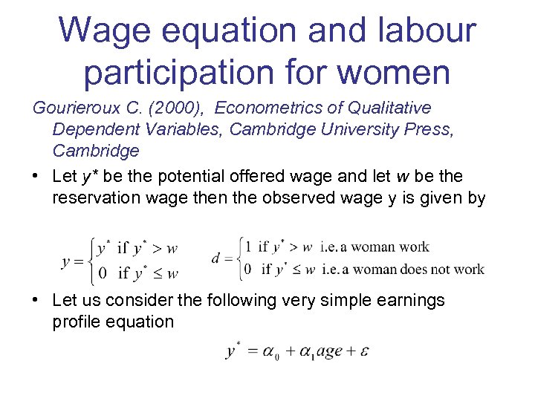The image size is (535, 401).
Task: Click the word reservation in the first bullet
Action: coord(96,198)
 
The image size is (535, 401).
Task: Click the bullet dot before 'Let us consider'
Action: coord(37,301)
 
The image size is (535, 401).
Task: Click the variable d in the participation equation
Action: coord(216,258)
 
